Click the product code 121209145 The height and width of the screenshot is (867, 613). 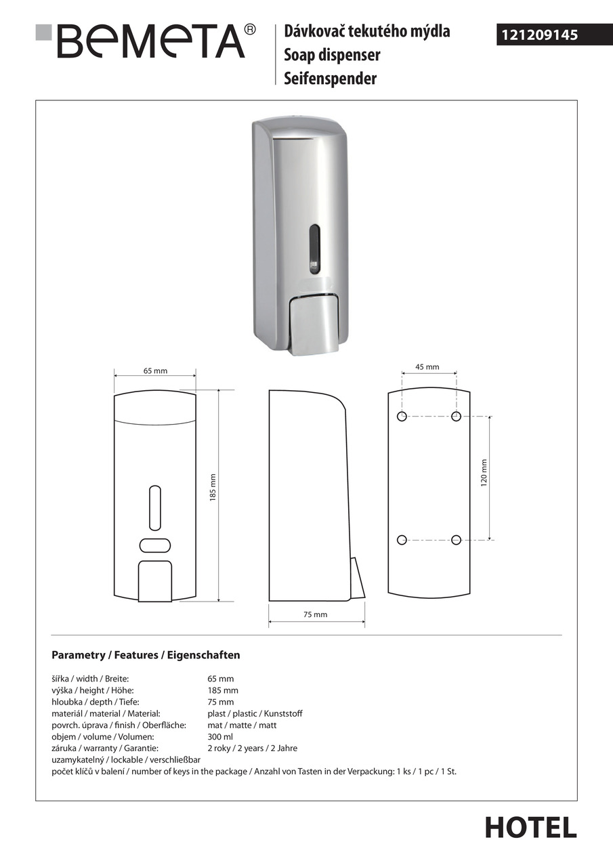(x=539, y=35)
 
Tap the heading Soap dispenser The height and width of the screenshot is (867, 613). (x=332, y=55)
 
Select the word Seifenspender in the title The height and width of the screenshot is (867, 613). (x=330, y=79)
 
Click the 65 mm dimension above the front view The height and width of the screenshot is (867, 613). (x=155, y=371)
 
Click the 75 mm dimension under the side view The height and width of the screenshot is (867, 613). (x=315, y=614)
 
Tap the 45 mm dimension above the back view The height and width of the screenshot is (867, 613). (x=427, y=366)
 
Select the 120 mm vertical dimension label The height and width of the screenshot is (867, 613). (x=484, y=473)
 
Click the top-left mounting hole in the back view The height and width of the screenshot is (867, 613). (x=402, y=416)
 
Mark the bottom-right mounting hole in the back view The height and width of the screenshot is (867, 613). (x=456, y=540)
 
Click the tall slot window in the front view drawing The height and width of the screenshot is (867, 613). (x=155, y=507)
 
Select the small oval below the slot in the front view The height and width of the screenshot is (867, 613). (x=155, y=545)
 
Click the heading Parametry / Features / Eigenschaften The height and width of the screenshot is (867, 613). (x=146, y=655)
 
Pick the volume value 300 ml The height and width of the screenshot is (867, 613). (x=220, y=736)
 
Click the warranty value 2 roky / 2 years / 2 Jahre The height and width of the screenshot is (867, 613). (x=252, y=748)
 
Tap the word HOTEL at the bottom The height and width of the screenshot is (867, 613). (x=530, y=827)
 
